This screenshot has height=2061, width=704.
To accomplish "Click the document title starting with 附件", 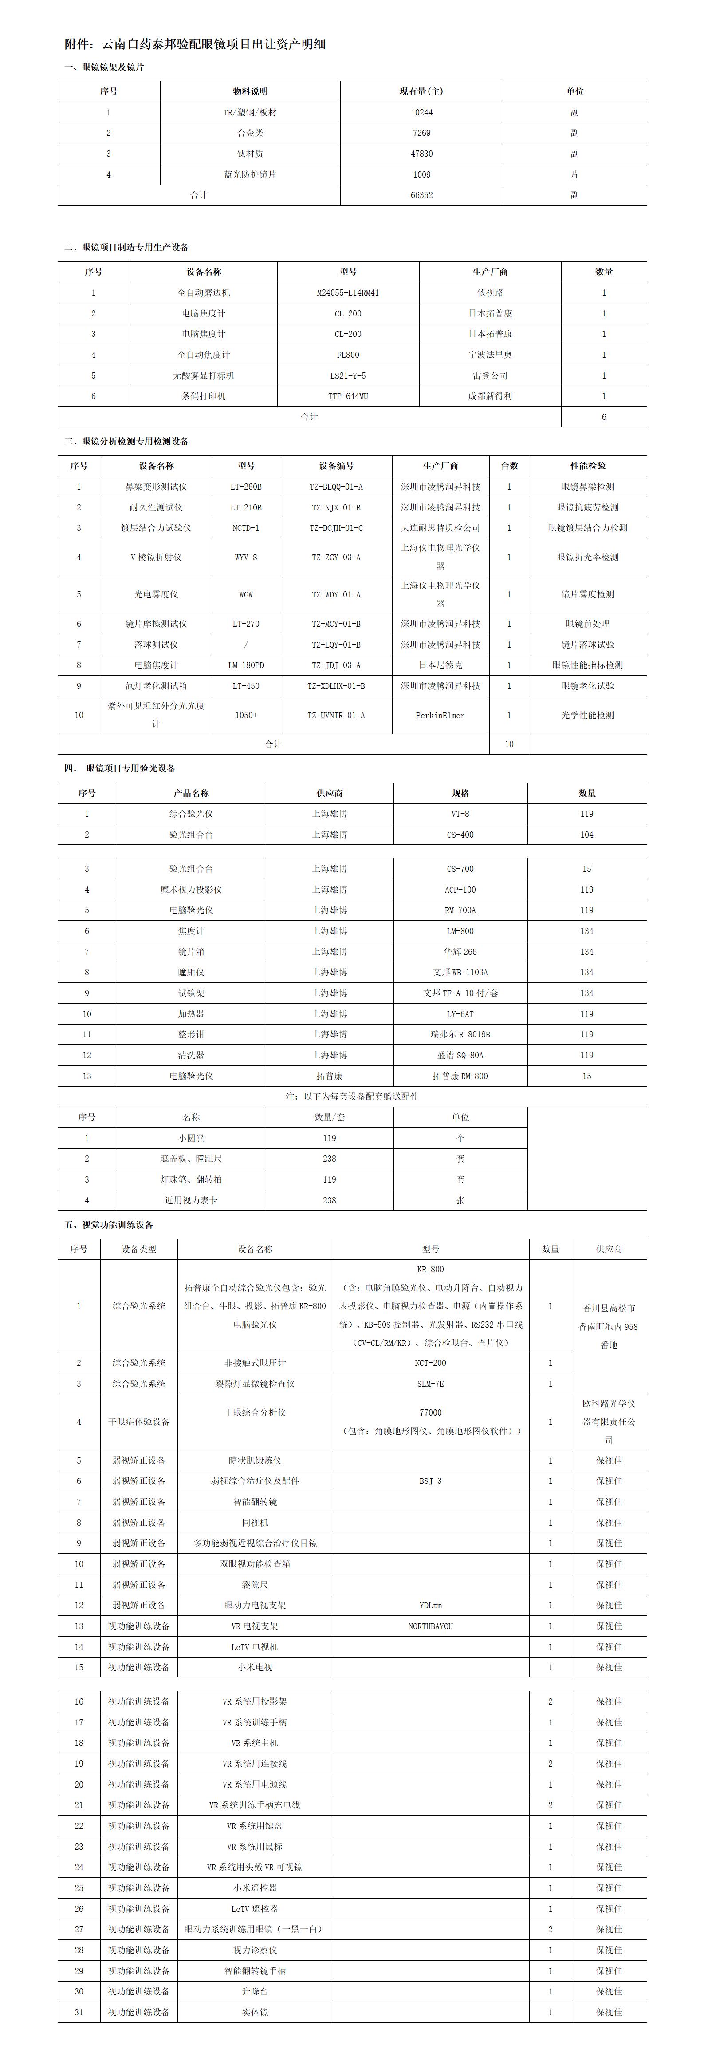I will click(x=195, y=44).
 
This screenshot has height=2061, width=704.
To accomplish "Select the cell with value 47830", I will click(x=421, y=154).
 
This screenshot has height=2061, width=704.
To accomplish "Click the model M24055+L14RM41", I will click(x=348, y=293).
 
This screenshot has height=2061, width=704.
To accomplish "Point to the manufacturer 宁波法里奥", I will click(x=490, y=354).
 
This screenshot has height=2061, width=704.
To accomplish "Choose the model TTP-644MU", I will click(x=348, y=396).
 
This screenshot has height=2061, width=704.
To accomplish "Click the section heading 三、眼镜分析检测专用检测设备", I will click(x=126, y=441).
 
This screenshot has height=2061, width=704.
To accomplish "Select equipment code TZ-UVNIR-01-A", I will click(x=336, y=715).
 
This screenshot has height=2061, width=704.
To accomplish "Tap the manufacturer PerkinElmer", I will click(x=440, y=715).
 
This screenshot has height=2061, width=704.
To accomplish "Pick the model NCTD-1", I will click(x=246, y=528).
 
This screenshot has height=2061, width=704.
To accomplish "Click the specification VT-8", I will click(x=460, y=814).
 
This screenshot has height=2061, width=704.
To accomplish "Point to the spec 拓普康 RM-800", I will click(x=460, y=1076).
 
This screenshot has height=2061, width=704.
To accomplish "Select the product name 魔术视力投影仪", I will click(x=191, y=890).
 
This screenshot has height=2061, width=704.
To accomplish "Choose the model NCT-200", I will click(x=430, y=1362).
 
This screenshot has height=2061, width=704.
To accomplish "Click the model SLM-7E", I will click(x=430, y=1383).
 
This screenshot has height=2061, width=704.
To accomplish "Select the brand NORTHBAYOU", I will click(x=430, y=1626).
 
